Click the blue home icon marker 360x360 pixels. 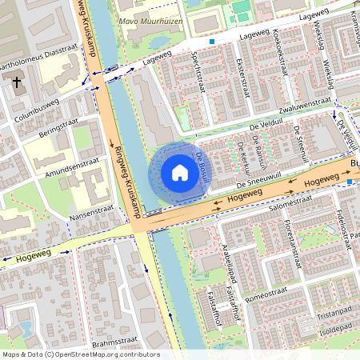coord(180,173)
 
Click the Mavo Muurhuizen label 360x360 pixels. coord(150,22)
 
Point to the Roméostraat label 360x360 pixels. coord(281,298)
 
